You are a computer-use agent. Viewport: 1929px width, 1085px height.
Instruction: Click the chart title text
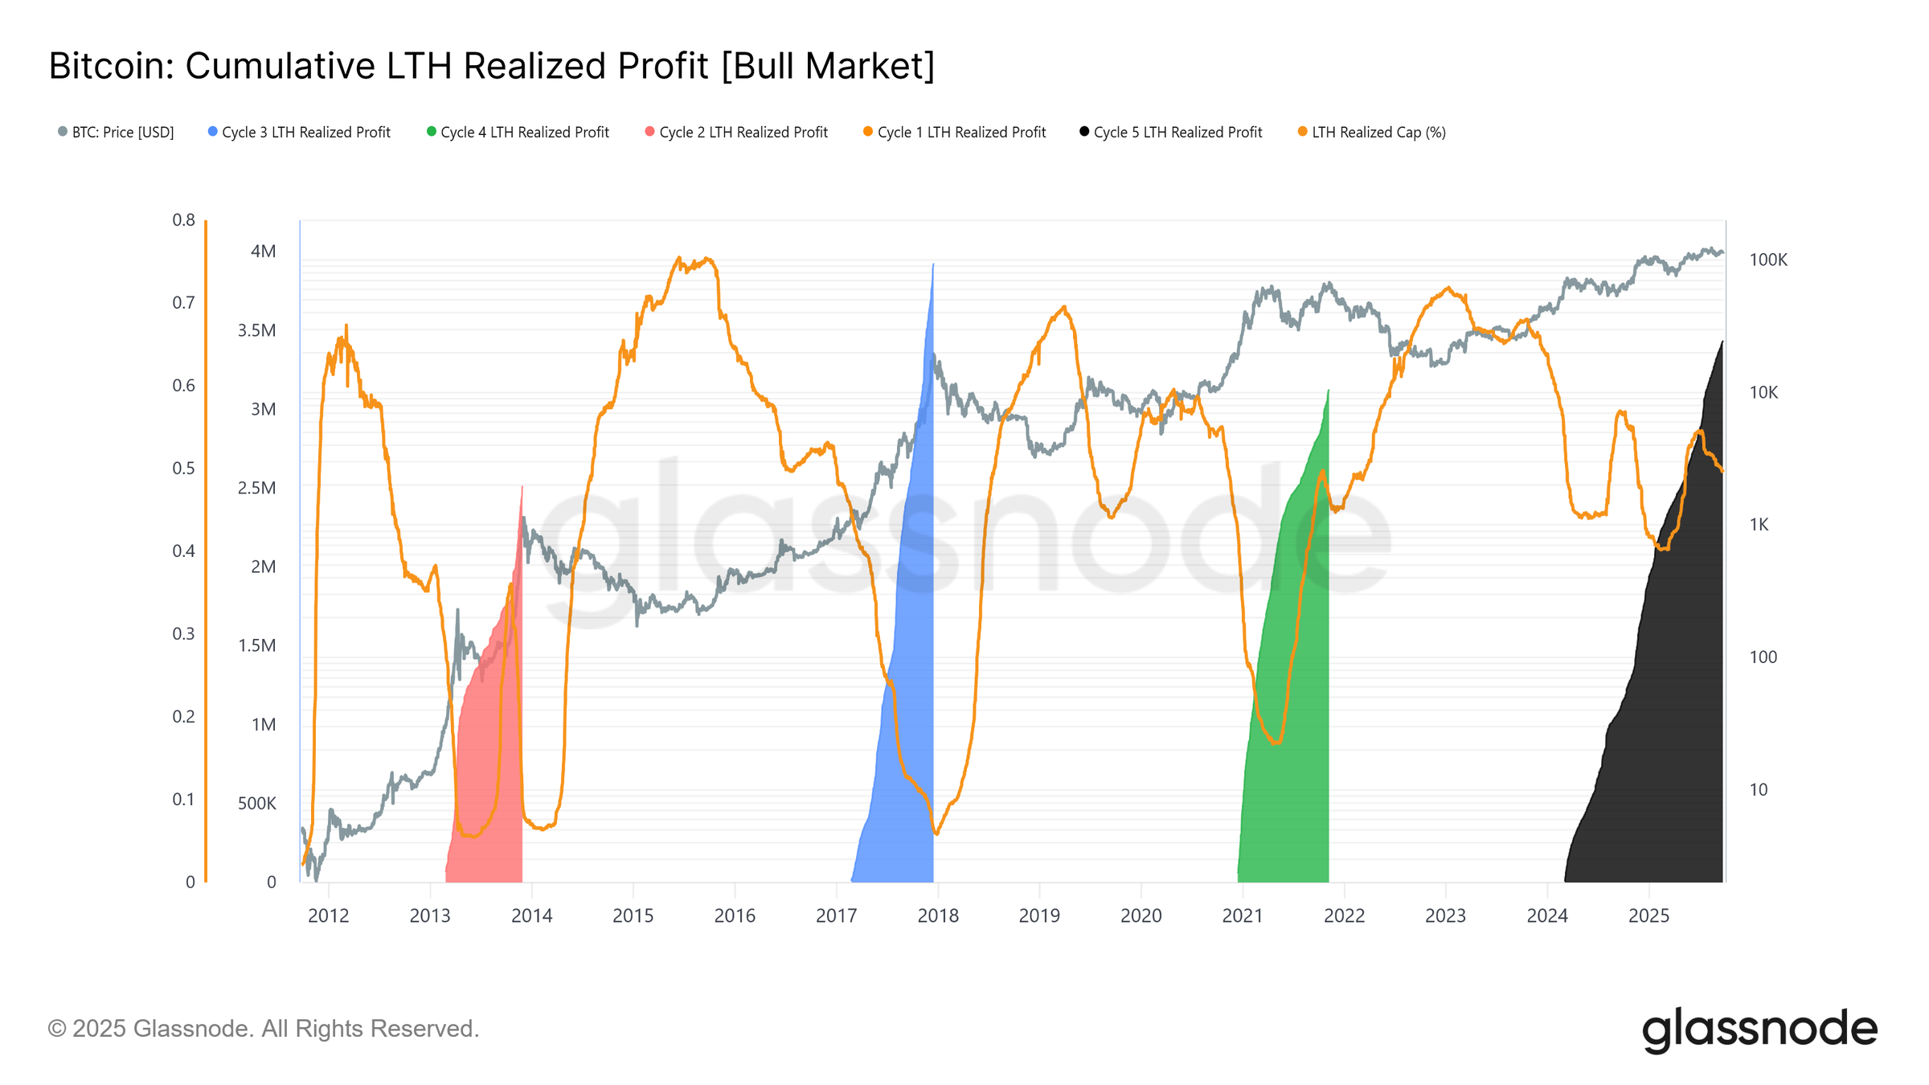click(x=491, y=66)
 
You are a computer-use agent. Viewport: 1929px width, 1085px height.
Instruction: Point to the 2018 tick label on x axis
click(x=937, y=915)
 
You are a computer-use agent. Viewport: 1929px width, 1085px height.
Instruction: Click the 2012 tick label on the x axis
click(x=328, y=915)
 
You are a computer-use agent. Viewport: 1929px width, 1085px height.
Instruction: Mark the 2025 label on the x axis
click(x=1648, y=915)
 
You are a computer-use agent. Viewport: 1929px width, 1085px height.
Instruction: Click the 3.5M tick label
click(x=256, y=330)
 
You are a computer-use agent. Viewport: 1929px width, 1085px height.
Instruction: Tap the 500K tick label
click(x=256, y=803)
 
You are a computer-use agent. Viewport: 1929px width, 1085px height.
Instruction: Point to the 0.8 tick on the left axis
click(x=183, y=219)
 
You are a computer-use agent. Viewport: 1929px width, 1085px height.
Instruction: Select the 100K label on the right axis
click(x=1767, y=260)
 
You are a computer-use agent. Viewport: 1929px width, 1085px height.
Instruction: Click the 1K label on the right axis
click(x=1759, y=525)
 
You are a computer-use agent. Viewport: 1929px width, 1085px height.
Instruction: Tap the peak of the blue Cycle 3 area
click(x=932, y=265)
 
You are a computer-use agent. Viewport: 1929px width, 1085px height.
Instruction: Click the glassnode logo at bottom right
click(x=1759, y=1029)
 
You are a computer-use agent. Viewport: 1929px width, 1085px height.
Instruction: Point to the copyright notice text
click(x=263, y=1029)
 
